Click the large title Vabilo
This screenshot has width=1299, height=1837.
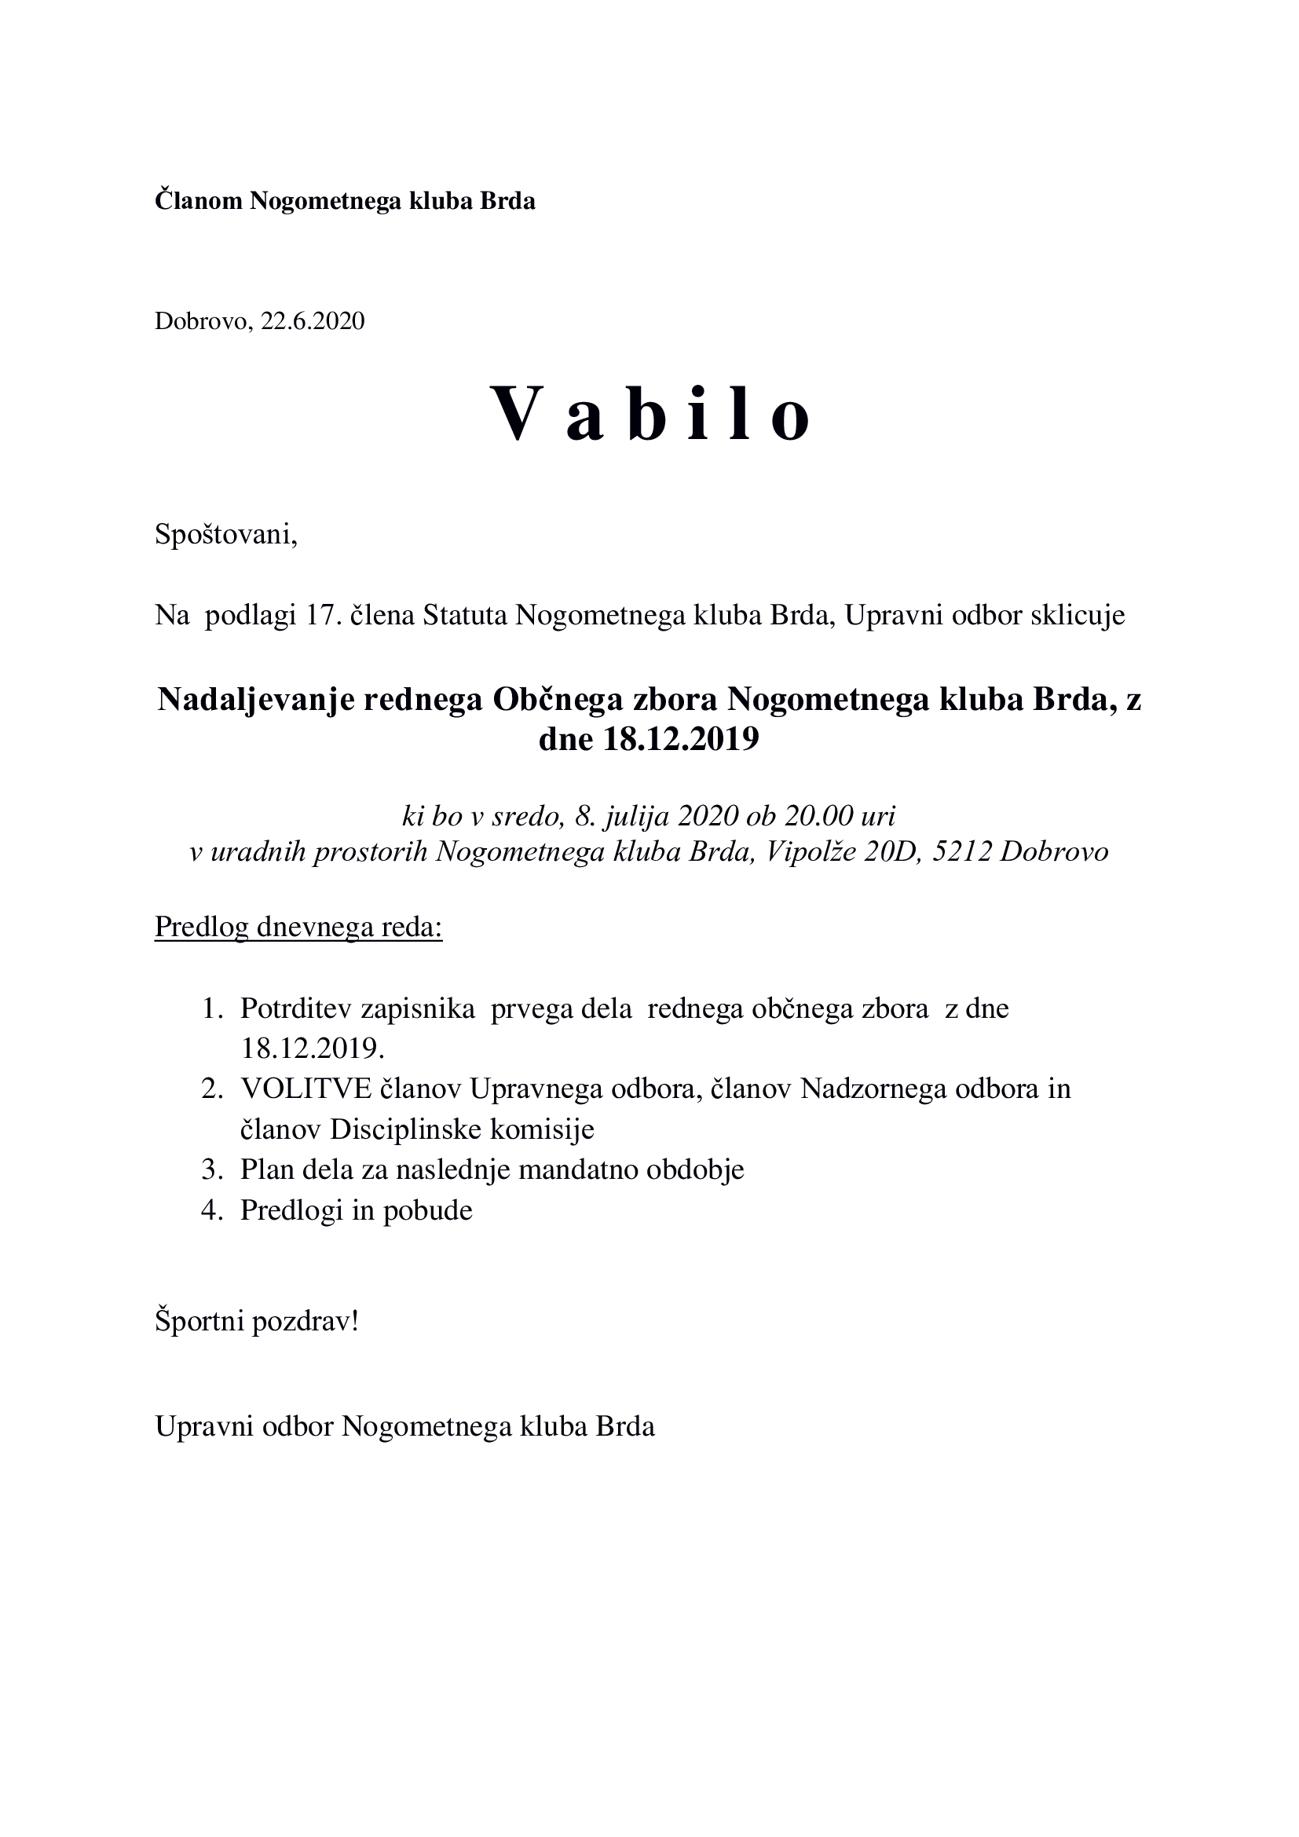point(649,414)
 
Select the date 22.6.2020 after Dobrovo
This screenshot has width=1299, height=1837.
point(312,321)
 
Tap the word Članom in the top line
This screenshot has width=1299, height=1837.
point(199,200)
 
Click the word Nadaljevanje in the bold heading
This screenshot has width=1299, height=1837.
point(255,700)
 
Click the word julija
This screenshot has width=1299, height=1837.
point(637,815)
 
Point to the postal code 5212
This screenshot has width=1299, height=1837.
point(962,851)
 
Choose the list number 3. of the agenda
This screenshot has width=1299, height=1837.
point(211,1169)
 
